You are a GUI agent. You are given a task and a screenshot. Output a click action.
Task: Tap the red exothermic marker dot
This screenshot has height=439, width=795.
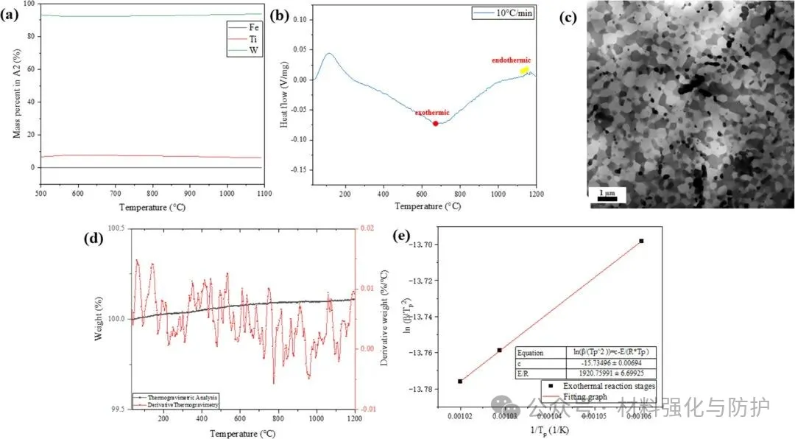pos(435,123)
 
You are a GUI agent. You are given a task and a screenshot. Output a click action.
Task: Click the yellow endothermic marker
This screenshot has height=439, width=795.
pos(524,71)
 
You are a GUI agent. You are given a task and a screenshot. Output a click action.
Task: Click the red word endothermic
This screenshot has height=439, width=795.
pos(512,60)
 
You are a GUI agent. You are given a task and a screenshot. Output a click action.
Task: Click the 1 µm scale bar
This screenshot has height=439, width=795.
pos(607,197)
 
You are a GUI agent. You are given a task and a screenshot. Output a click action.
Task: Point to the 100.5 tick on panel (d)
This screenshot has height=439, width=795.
pos(116,228)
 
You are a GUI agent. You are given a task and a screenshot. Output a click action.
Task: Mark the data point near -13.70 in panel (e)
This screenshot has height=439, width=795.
pos(641,241)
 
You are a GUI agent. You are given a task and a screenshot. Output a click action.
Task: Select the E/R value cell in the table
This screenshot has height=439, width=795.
pos(596,373)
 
